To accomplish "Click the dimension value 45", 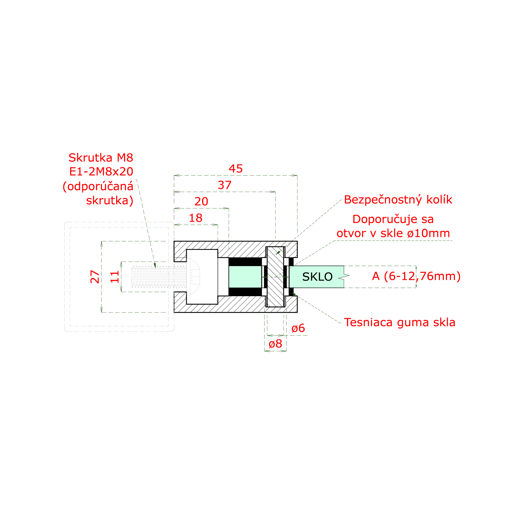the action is pos(236,169).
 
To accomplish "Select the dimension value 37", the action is pos(225,185).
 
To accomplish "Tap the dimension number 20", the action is pos(201,202).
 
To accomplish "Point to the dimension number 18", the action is pos(196,218).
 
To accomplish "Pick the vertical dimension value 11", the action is pos(115,277).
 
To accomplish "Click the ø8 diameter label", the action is pos(275,344).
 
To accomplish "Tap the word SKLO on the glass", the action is pos(317,277).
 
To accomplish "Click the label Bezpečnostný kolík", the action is pos(398,200).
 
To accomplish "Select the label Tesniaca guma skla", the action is pos(400,322).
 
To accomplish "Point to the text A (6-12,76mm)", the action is pos(416,276).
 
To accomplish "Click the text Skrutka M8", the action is pos(101,158).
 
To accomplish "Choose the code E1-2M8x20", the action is pos(101,172).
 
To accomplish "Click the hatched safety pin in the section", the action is pos(275,277).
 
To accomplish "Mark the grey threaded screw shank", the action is pos(159,277).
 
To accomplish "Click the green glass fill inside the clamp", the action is pos(245,277).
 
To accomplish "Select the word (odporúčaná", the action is pos(98,187).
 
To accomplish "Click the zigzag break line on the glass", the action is pos(344,277).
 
